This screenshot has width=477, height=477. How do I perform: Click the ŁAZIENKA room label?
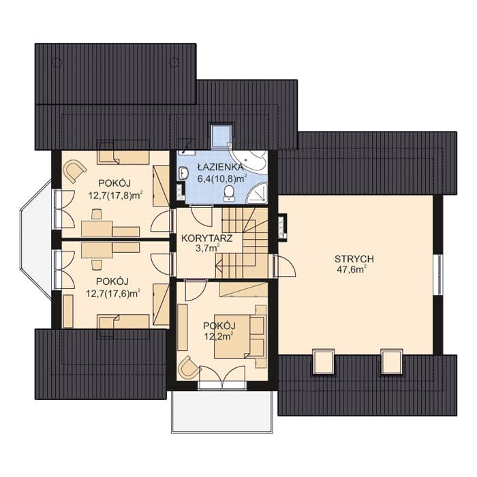[x=221, y=167]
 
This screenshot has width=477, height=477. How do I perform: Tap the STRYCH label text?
[x=354, y=259]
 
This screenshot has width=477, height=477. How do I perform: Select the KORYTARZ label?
[x=207, y=238]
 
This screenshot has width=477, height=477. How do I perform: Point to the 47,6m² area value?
[x=352, y=269]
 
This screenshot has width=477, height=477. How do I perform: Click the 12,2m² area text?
[x=219, y=337]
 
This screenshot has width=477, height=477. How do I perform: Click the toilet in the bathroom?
[x=228, y=194]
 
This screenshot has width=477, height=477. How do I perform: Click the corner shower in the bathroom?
[x=258, y=193]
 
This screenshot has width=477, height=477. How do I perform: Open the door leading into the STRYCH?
[x=284, y=266]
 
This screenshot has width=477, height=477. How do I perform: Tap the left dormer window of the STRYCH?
[x=324, y=362]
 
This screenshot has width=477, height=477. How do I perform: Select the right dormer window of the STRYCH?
[x=392, y=362]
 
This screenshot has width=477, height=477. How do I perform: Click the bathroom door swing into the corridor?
[x=200, y=216]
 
